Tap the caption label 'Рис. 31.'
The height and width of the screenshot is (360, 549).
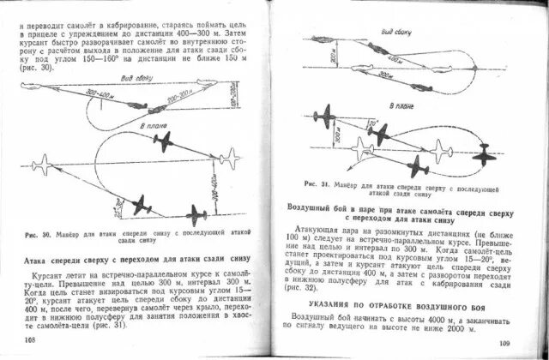click(x=316, y=186)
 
